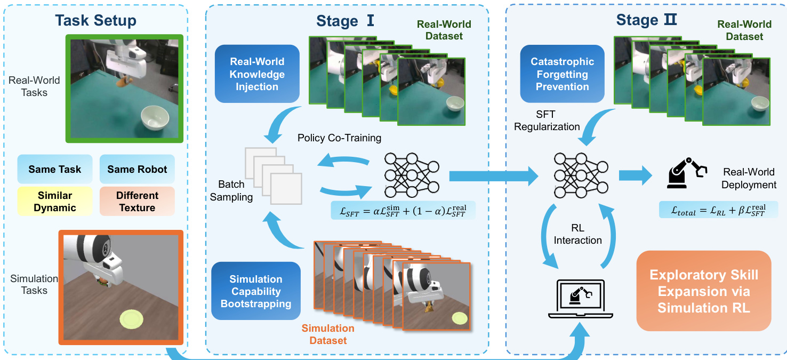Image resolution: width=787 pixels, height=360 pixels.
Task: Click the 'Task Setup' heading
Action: click(96, 21)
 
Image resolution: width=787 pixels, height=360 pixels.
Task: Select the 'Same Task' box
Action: click(55, 170)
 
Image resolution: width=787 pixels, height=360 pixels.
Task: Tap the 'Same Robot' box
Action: click(137, 170)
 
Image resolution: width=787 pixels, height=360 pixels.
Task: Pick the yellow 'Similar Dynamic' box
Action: click(55, 201)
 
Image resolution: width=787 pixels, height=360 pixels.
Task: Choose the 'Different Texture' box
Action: click(137, 201)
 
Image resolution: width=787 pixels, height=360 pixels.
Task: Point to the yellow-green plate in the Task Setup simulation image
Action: click(132, 319)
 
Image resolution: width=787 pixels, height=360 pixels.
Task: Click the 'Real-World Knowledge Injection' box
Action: click(257, 74)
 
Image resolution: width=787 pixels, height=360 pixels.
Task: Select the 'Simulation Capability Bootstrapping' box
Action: click(256, 292)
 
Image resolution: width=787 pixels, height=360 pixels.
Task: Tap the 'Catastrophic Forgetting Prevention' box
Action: click(562, 74)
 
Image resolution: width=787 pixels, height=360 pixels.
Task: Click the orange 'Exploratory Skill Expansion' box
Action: click(704, 291)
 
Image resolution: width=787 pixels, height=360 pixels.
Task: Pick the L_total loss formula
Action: click(718, 210)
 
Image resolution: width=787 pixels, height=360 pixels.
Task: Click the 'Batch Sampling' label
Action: click(231, 190)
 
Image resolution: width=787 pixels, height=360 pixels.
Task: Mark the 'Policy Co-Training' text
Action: click(339, 138)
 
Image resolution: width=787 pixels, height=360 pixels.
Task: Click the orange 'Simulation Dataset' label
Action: click(328, 334)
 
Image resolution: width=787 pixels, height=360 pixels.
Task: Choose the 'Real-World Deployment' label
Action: click(749, 178)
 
